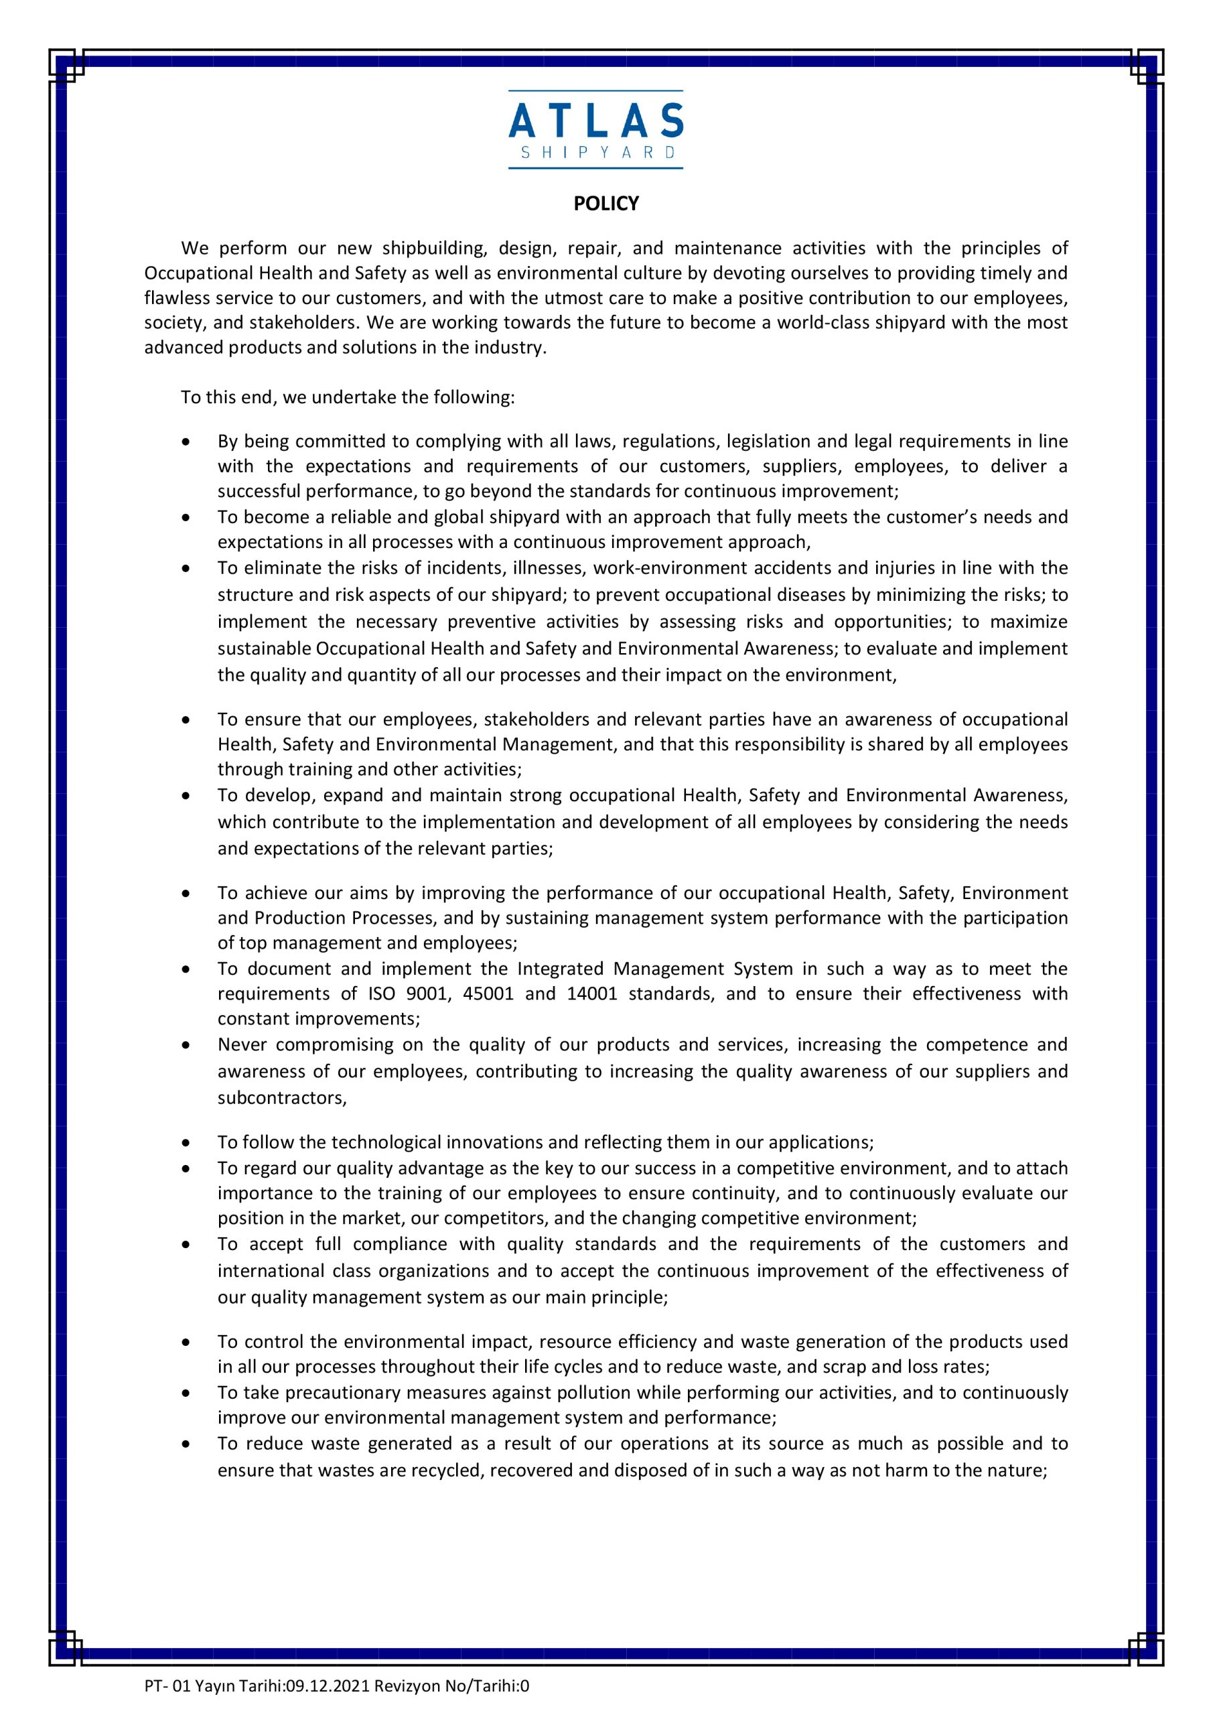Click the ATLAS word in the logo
click(x=596, y=121)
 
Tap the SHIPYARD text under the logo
click(x=597, y=152)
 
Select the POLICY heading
click(x=605, y=204)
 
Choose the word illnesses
click(x=549, y=567)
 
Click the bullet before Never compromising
click(x=186, y=1045)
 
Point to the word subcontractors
click(x=281, y=1097)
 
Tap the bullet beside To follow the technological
click(x=186, y=1143)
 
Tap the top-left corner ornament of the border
click(x=66, y=66)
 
